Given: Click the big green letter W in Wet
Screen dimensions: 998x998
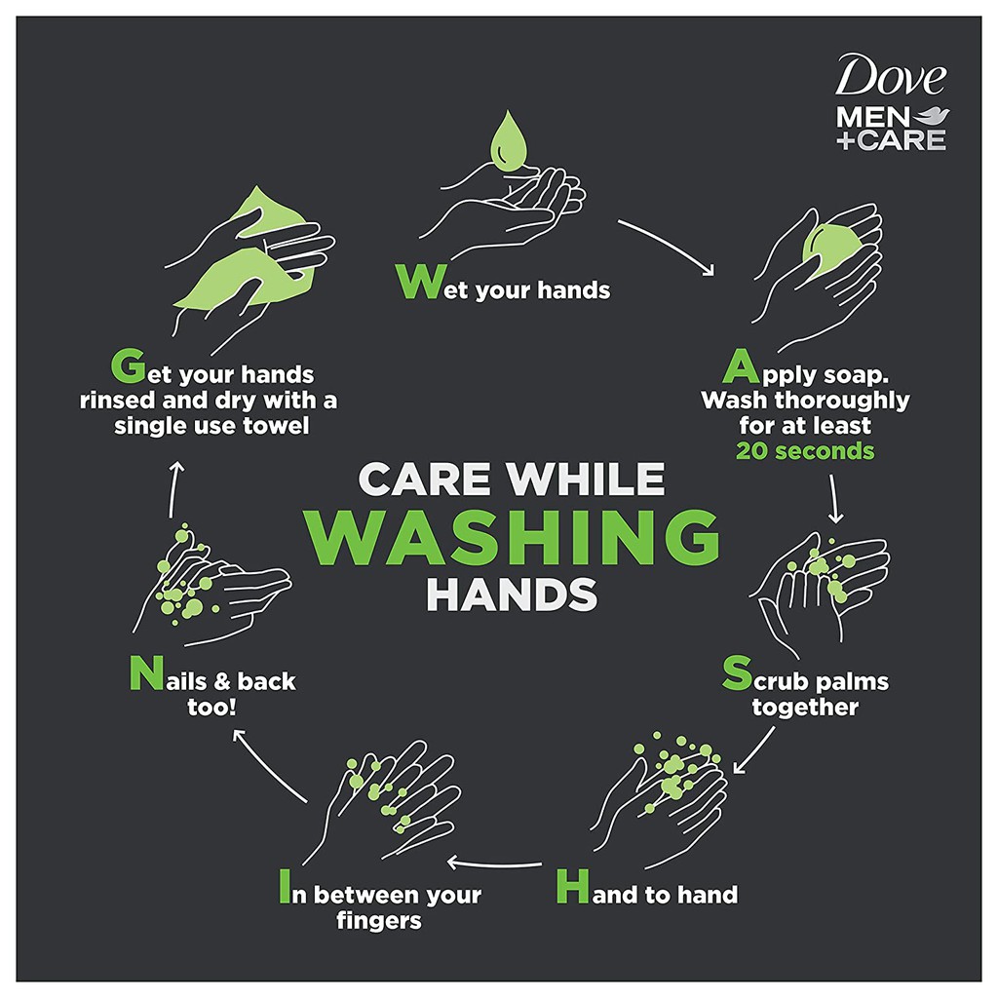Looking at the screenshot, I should click(x=417, y=282).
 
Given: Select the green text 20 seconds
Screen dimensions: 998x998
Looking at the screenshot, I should click(x=805, y=451).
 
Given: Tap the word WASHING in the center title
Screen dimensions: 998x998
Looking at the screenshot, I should click(x=518, y=538).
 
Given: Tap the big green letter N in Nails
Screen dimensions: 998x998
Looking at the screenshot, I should click(x=142, y=673).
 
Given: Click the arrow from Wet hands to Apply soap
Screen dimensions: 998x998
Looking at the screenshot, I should click(x=666, y=245).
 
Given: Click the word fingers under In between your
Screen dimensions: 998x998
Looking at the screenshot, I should click(x=379, y=920).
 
